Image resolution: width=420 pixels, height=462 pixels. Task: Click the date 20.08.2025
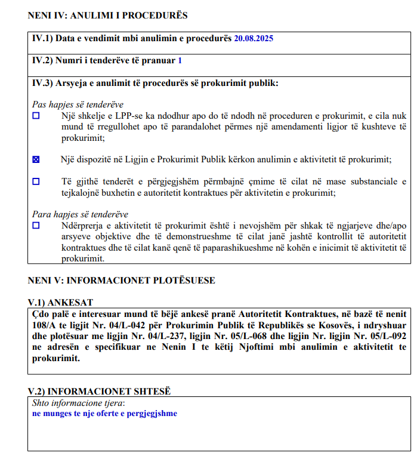(254, 38)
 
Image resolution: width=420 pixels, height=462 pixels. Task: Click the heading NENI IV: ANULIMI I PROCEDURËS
(107, 15)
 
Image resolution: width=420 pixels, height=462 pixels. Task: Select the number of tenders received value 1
(180, 60)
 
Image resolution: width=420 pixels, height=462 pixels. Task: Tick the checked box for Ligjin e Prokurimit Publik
(36, 159)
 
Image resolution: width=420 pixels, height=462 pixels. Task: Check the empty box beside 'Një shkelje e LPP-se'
(36, 116)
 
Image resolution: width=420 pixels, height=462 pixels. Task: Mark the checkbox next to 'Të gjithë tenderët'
(36, 181)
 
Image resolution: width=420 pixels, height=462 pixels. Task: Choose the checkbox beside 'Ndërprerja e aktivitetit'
(36, 226)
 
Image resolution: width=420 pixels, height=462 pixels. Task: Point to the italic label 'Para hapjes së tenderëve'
(80, 214)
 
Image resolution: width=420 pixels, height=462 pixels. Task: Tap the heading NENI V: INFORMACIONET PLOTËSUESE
(122, 280)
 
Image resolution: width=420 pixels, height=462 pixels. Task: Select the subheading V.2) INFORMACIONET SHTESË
(99, 391)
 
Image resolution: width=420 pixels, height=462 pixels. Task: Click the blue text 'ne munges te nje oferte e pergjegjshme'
(104, 413)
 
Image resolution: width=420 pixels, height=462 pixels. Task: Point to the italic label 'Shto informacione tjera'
(73, 402)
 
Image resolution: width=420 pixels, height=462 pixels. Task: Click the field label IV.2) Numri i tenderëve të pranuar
(104, 60)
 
